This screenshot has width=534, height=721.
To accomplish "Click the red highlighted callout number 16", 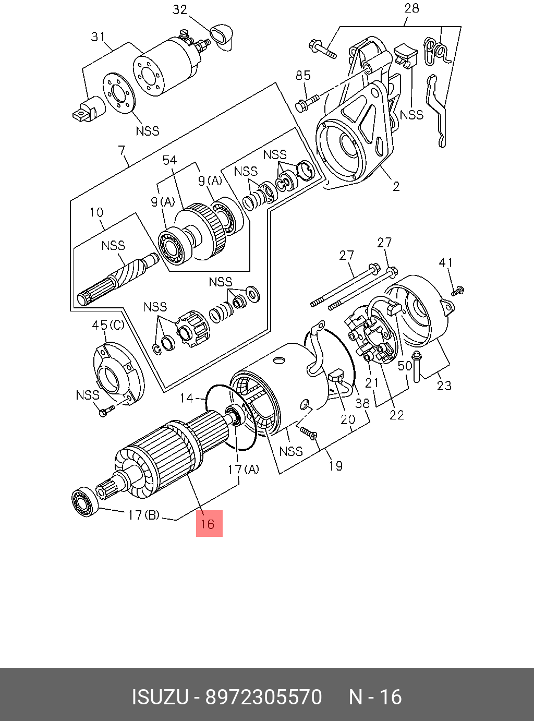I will [209, 523].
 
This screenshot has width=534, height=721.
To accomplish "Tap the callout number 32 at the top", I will [179, 10].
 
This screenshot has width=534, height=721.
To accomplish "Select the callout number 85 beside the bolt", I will [303, 75].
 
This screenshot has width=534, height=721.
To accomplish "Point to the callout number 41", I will [445, 262].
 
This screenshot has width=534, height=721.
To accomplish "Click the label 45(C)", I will [108, 325].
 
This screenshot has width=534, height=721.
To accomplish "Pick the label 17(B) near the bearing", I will [143, 515].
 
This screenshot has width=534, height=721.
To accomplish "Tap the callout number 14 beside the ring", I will [187, 399].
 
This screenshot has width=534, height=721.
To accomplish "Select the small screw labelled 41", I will [458, 291].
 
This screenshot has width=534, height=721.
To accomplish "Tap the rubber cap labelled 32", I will [221, 36].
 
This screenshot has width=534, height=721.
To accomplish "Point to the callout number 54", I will [169, 161].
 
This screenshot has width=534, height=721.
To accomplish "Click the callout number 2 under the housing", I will [396, 186].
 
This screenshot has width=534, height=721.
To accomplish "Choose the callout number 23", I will [444, 386].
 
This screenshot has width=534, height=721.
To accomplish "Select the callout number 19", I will [335, 465].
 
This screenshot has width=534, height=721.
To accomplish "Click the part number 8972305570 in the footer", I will [264, 697].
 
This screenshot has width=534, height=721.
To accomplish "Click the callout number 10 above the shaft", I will [96, 212].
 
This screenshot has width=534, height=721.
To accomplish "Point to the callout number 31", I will [98, 37].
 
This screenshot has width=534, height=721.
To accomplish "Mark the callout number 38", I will [362, 403].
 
